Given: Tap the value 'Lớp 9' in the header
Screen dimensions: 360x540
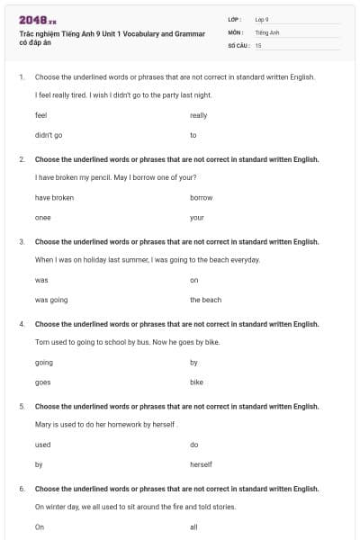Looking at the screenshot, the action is pyautogui.click(x=262, y=19).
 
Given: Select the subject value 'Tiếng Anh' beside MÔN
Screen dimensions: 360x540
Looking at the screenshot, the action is pyautogui.click(x=267, y=31).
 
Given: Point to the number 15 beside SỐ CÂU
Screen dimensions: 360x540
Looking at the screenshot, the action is pyautogui.click(x=258, y=45).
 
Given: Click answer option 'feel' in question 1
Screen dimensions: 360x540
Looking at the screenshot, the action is pyautogui.click(x=40, y=115).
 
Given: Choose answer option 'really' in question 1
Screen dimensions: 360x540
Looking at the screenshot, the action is pyautogui.click(x=198, y=115).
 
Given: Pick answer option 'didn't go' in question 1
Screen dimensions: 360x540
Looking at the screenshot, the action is pyautogui.click(x=49, y=135).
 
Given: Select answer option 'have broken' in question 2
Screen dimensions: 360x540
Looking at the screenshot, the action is pyautogui.click(x=54, y=197).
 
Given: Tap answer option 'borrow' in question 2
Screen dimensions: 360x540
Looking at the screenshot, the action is pyautogui.click(x=202, y=197).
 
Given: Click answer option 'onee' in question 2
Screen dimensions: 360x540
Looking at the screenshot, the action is pyautogui.click(x=43, y=218).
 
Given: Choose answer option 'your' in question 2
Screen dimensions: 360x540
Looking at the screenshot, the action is pyautogui.click(x=197, y=218).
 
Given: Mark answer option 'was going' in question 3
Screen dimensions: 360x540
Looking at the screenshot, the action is pyautogui.click(x=51, y=300).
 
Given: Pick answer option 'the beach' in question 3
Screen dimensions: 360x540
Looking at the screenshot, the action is pyautogui.click(x=205, y=300).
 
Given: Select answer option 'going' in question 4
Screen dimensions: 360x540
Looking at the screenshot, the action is pyautogui.click(x=44, y=362).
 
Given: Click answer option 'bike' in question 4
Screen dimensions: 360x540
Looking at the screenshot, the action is pyautogui.click(x=197, y=382).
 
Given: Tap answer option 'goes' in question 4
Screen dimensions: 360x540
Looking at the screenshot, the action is pyautogui.click(x=43, y=382).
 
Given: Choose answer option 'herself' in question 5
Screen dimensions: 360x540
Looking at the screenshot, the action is pyautogui.click(x=201, y=464).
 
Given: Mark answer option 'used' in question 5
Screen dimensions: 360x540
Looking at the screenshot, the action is pyautogui.click(x=43, y=445).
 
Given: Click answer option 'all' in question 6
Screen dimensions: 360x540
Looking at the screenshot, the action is pyautogui.click(x=193, y=526).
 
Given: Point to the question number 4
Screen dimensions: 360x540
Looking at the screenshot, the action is pyautogui.click(x=22, y=324).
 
